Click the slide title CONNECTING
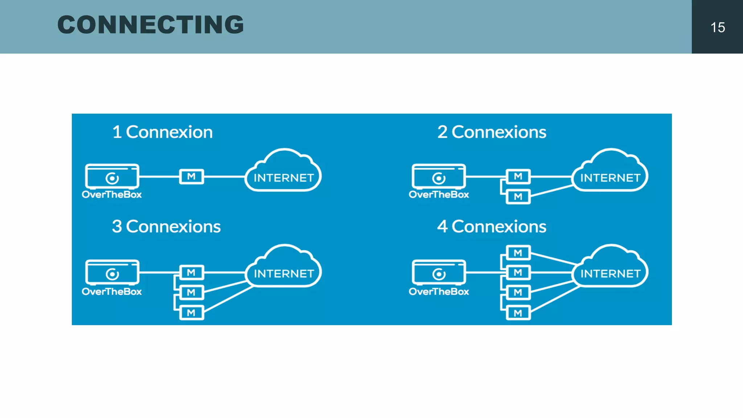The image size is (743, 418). coord(151,25)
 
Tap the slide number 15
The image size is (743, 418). coord(717,28)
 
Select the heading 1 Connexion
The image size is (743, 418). coord(162,132)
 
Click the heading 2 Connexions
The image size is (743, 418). coord(492,132)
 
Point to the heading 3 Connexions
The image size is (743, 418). coord(166,227)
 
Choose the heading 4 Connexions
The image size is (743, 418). coord(492,227)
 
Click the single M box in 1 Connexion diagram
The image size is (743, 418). coord(192,177)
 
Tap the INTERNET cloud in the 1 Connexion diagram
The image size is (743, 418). coord(283,175)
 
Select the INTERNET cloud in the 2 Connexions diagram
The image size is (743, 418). coord(610,175)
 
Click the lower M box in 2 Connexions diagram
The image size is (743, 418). coord(518,197)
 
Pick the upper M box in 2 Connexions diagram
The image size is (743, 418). coord(518,177)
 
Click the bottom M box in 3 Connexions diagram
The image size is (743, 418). coord(192,313)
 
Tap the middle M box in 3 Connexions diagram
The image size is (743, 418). coord(192,292)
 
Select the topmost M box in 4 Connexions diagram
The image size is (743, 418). coord(518,253)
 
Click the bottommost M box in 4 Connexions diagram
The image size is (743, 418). coord(518,313)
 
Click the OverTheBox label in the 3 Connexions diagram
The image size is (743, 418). coord(112,292)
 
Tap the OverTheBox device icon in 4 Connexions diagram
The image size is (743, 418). coord(439,272)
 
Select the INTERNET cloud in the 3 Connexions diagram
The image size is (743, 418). coord(283,270)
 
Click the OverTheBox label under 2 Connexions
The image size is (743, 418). coord(439,195)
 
